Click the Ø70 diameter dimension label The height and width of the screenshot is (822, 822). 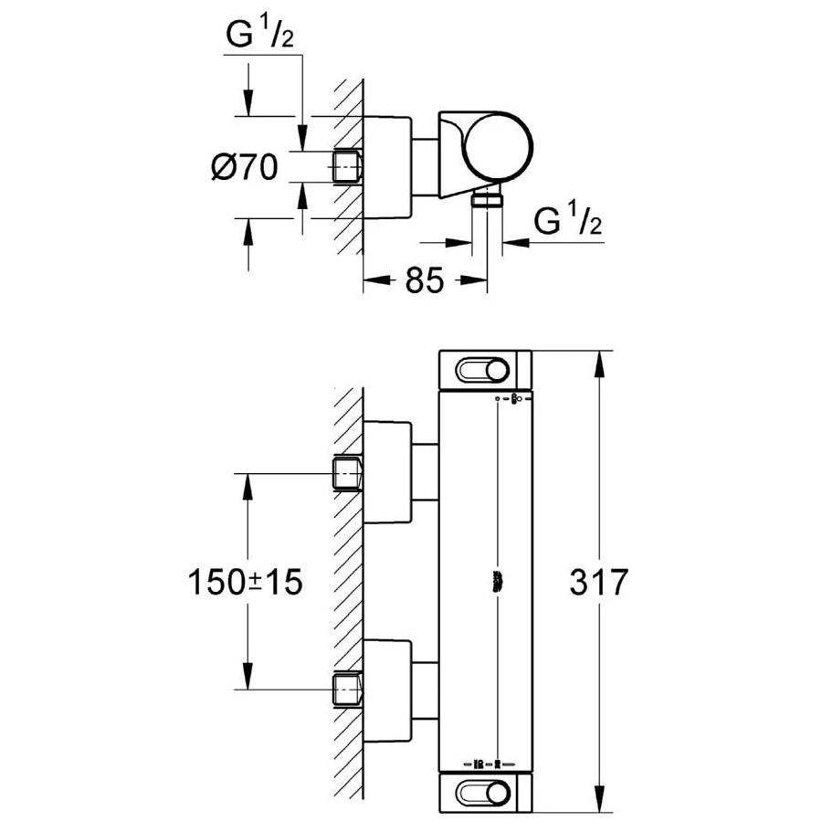[x=245, y=167]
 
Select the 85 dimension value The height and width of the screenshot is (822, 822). [x=424, y=280]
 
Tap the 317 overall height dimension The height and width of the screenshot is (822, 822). [x=598, y=582]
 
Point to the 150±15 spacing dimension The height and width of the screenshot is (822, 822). [x=246, y=582]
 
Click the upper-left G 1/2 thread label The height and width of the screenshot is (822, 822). [x=259, y=34]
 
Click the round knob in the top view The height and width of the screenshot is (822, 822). [x=497, y=146]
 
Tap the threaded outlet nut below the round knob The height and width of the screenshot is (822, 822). [x=488, y=200]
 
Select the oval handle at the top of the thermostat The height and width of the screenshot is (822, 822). [x=482, y=371]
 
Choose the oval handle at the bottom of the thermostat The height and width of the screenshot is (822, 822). [x=482, y=792]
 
